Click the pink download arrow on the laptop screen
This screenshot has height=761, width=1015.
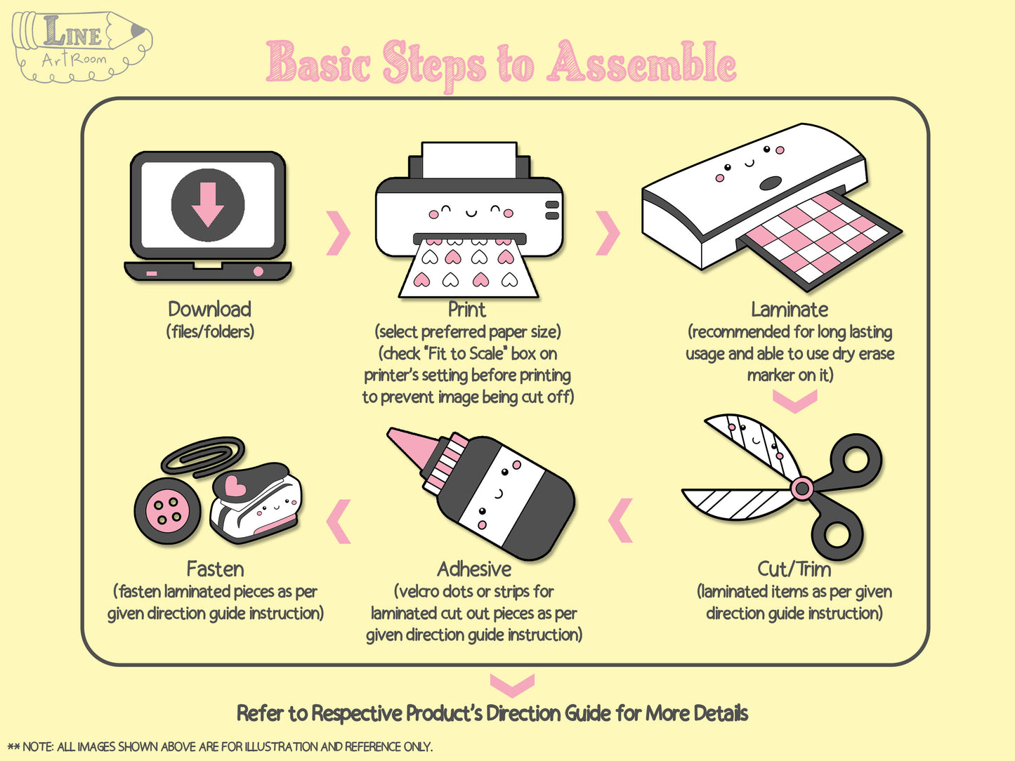click(x=208, y=204)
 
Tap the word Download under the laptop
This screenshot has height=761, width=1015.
click(x=209, y=310)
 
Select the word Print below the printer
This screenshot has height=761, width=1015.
click(x=467, y=310)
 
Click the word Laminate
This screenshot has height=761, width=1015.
click(x=790, y=310)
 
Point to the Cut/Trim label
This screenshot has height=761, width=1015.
click(x=794, y=569)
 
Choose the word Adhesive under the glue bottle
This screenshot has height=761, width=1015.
click(x=474, y=569)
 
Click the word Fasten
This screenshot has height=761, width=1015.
click(x=215, y=569)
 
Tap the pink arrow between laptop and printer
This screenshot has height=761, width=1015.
click(x=339, y=233)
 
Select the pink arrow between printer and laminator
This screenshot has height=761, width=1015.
click(x=607, y=233)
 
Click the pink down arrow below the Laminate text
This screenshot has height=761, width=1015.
click(x=795, y=401)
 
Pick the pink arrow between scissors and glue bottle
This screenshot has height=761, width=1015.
click(x=620, y=520)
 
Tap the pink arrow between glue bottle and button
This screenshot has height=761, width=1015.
click(x=339, y=521)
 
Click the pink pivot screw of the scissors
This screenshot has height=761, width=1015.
click(x=802, y=488)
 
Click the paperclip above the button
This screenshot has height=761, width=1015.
click(x=203, y=457)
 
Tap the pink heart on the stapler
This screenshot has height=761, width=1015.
click(x=235, y=486)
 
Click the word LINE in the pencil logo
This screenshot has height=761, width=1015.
click(x=72, y=32)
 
